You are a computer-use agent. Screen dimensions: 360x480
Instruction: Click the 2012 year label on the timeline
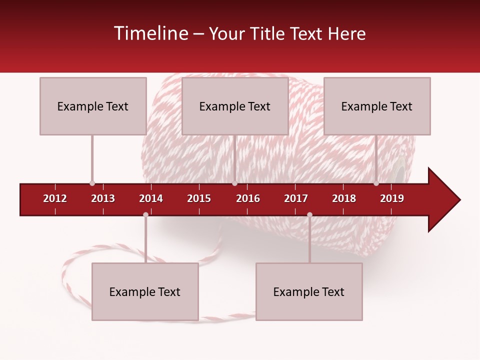55,198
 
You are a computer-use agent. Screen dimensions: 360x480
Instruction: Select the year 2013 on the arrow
103,198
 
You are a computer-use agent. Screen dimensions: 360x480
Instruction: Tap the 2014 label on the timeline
151,198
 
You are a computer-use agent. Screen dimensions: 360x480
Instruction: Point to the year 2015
199,198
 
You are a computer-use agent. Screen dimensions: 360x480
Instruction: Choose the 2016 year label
248,198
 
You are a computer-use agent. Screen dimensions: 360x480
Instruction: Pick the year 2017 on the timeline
296,198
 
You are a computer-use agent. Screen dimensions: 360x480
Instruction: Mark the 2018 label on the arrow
344,198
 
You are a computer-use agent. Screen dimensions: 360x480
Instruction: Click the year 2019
392,198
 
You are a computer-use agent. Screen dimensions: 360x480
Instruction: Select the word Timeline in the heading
150,33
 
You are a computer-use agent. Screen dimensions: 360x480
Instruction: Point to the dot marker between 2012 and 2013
92,183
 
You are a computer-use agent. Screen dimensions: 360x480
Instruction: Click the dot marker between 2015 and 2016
234,183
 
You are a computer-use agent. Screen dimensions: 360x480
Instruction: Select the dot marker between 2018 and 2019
376,183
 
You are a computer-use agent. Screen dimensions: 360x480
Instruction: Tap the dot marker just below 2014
145,214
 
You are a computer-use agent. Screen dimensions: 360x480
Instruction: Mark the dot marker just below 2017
309,214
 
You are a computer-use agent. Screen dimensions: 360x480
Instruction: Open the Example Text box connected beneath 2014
145,292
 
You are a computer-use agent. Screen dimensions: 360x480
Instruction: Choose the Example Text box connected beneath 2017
309,292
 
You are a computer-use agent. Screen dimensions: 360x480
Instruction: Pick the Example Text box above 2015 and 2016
235,106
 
